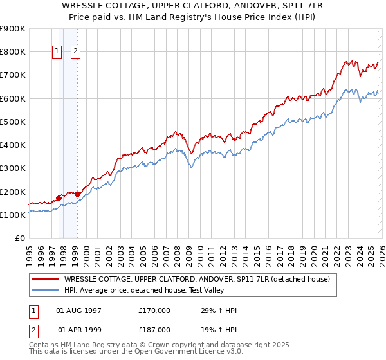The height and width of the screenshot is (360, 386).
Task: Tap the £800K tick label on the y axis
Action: (x=13, y=51)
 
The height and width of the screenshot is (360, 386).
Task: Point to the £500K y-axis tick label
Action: (x=13, y=122)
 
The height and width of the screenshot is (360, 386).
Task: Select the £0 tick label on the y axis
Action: (x=19, y=239)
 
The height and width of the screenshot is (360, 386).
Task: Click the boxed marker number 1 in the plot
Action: (x=57, y=52)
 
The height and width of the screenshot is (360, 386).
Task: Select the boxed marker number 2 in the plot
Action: (x=76, y=52)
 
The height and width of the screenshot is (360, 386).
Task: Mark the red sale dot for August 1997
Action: (x=59, y=199)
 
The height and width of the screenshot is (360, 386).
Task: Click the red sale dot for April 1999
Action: (x=77, y=194)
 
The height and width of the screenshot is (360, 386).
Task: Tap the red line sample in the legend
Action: (x=46, y=279)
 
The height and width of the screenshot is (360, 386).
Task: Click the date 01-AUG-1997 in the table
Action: (x=79, y=310)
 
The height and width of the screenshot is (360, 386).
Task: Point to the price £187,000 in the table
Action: (x=154, y=329)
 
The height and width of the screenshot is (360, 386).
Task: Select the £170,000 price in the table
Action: (x=154, y=310)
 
